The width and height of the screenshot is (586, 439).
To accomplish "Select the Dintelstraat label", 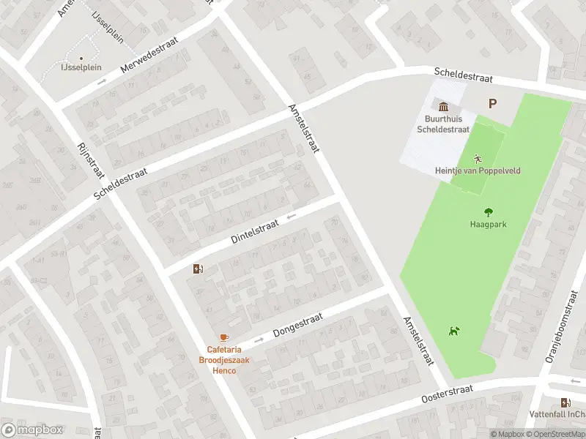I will coord(256,229).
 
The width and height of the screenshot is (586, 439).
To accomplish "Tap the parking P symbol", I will coord(492,104).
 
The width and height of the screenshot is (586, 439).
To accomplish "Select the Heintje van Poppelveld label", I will coord(478,170).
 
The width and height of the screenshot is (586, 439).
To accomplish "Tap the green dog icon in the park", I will coord(454,331).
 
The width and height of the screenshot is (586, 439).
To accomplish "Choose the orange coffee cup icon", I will coord(223,337).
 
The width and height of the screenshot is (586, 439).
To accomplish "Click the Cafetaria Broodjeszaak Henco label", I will coord(220,359).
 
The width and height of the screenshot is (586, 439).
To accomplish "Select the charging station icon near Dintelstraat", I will coord(197,269).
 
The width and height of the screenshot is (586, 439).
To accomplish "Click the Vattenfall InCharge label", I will coord(563,415).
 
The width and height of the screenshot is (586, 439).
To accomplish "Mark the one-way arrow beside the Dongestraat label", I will coord(259,340).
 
